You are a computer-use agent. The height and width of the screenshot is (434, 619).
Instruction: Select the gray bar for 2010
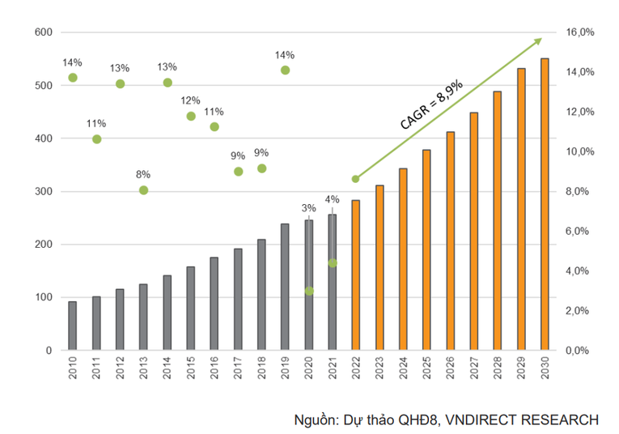[72, 325]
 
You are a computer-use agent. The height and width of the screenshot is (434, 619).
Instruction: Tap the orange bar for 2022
[355, 275]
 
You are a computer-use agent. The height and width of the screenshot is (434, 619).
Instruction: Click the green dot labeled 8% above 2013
[143, 190]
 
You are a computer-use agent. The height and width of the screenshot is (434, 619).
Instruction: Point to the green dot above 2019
[285, 70]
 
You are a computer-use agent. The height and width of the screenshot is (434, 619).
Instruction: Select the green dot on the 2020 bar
[309, 291]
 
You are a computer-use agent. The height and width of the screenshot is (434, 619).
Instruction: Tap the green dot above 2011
[96, 139]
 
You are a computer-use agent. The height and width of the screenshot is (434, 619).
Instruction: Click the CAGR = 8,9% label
[431, 104]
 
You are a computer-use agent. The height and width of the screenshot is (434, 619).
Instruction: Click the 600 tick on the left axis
[43, 32]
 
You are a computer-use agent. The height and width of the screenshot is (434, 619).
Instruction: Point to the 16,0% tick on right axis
[581, 32]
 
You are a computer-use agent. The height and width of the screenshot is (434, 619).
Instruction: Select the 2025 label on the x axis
[426, 372]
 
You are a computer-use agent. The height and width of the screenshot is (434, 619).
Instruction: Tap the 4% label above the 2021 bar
[333, 199]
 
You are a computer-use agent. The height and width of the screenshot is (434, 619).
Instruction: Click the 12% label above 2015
[191, 101]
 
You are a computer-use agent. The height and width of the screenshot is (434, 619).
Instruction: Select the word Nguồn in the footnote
[315, 419]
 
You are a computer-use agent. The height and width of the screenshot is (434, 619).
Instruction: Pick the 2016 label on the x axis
[214, 372]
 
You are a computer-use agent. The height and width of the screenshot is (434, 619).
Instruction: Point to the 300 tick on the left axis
[43, 192]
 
